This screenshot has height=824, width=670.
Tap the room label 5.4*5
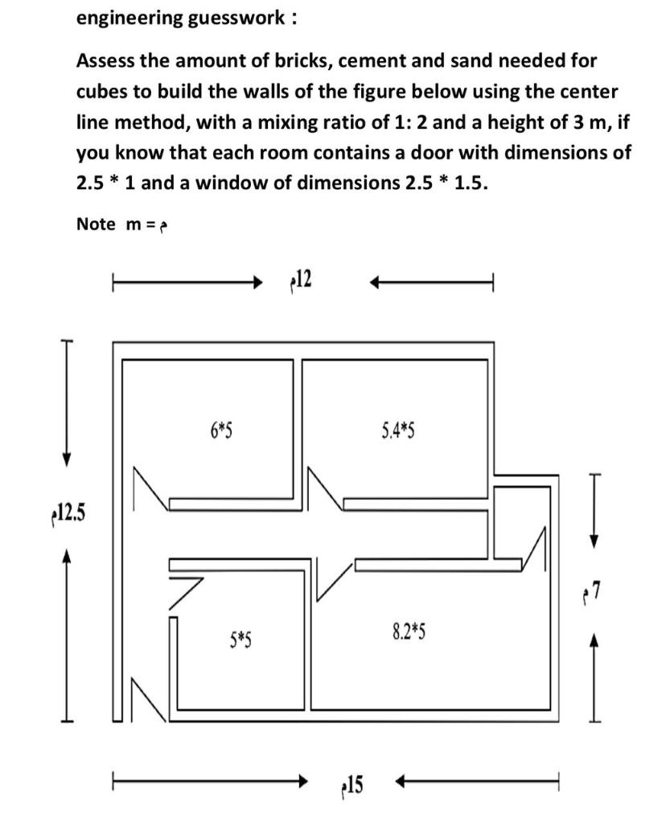[397, 431]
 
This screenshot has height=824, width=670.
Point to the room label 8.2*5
[409, 632]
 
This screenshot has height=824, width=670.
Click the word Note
[96, 224]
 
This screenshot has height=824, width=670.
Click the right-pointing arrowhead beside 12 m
[258, 282]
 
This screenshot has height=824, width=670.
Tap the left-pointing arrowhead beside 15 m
[404, 781]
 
